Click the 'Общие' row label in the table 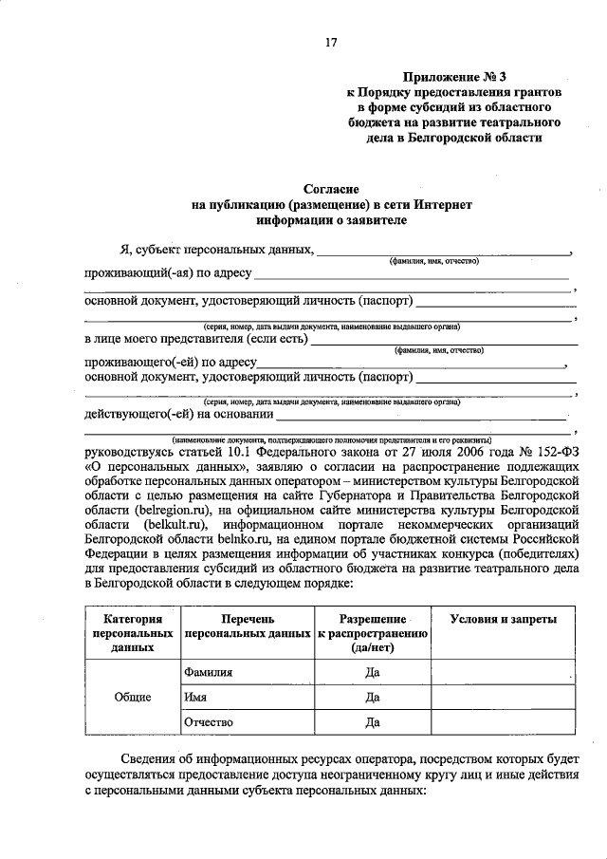click(133, 697)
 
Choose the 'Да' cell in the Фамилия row click(373, 671)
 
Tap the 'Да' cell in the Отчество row click(373, 722)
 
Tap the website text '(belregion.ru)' click(167, 510)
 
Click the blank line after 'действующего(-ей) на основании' click(422, 416)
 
